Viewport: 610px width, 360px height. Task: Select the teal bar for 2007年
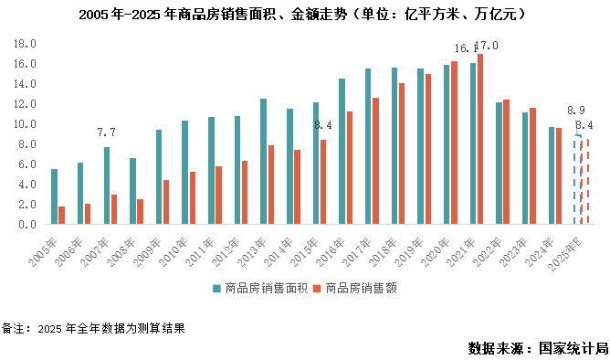click(107, 185)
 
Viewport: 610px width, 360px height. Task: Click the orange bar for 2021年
click(480, 139)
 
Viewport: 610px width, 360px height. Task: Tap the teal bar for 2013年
click(263, 162)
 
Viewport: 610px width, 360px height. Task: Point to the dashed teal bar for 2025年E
click(577, 180)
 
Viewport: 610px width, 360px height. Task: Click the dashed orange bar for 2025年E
click(585, 182)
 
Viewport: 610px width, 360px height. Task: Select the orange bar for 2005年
click(62, 216)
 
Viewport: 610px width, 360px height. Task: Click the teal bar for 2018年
click(394, 146)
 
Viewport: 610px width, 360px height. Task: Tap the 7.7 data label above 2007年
click(106, 133)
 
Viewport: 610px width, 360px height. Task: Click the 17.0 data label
click(488, 46)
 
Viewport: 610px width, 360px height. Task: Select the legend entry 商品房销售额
click(357, 288)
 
